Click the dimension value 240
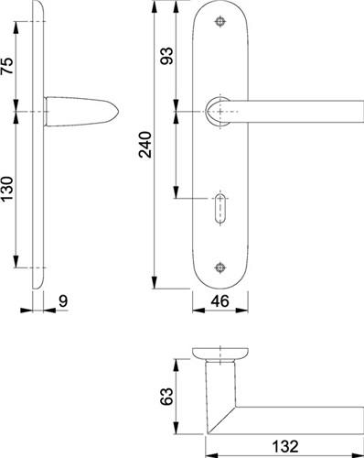coord(145,145)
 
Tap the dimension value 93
coord(166,56)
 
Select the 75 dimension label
coord(7,66)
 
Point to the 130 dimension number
coord(7,189)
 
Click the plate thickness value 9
coord(63,301)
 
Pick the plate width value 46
coord(219,301)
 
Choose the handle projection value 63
coord(166,397)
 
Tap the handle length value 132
coord(285,446)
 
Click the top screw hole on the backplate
coord(220,21)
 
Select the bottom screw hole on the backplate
coord(220,267)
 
